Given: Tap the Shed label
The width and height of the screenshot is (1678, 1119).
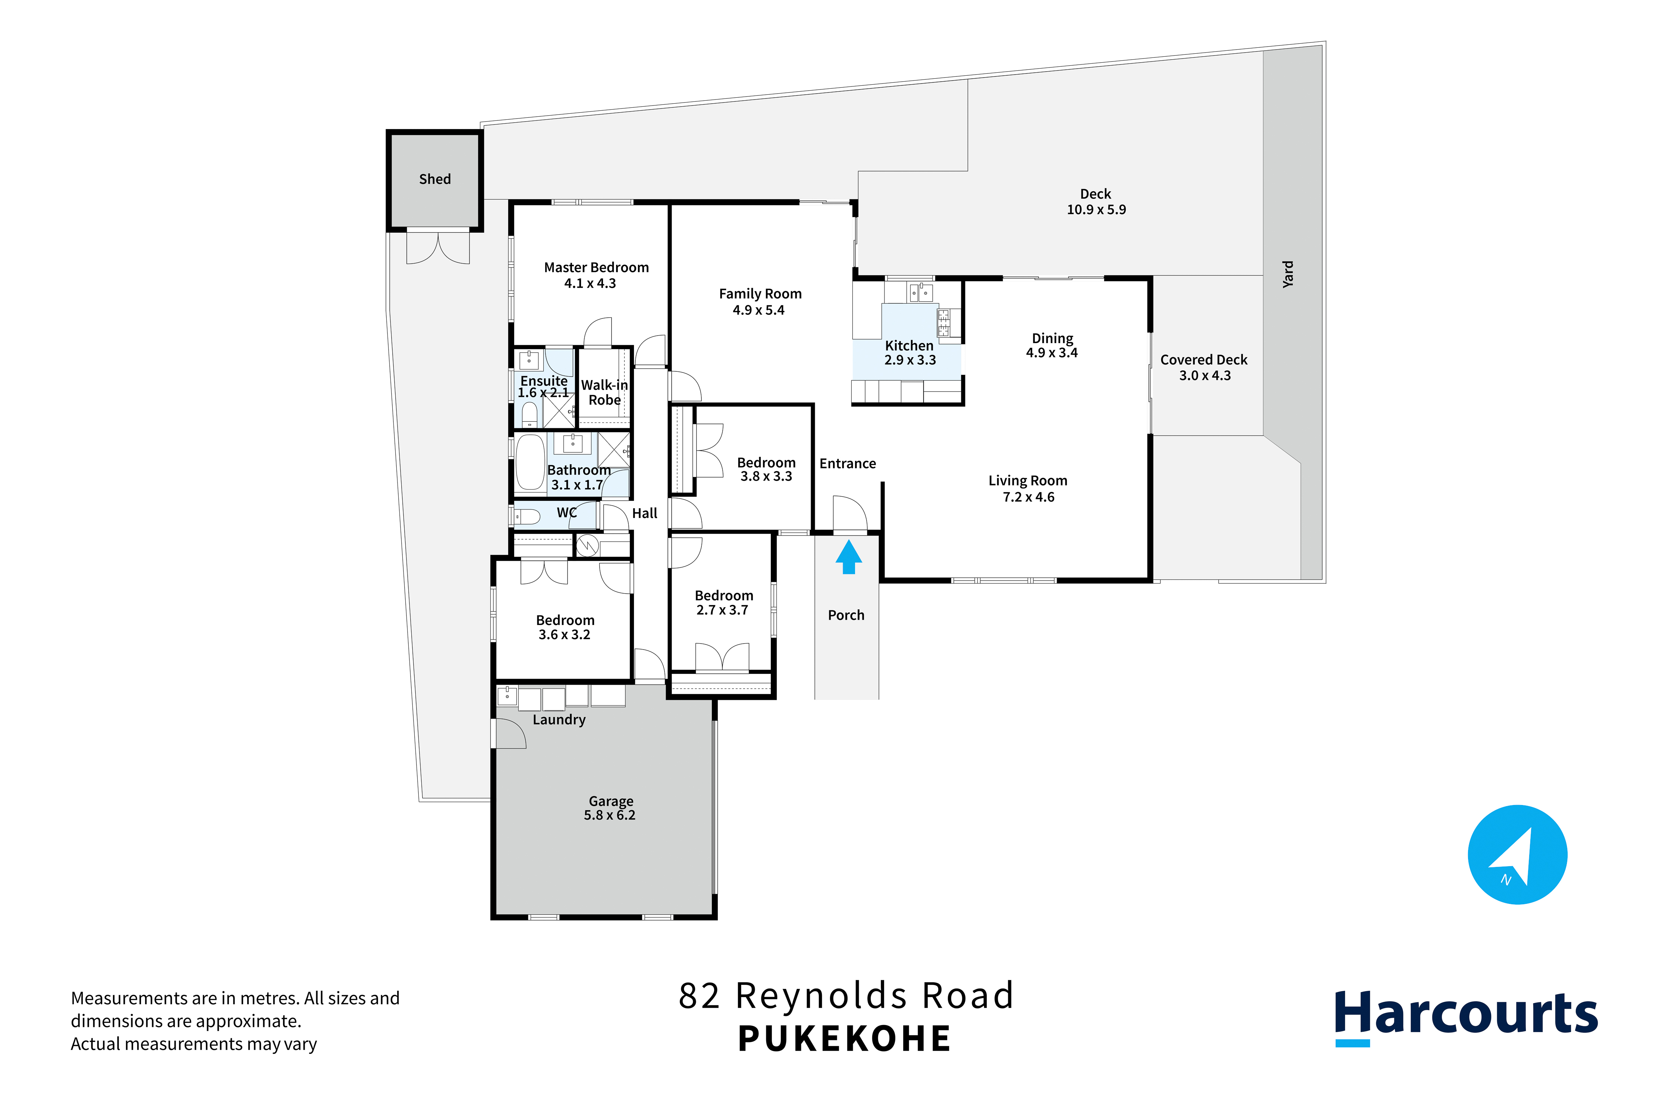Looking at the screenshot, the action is click(x=435, y=179).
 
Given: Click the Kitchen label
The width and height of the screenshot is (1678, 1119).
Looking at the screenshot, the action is click(x=909, y=345).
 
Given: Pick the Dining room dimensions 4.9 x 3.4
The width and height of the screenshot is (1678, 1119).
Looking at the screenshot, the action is click(x=1052, y=352).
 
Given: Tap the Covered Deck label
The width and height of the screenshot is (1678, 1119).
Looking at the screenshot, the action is click(x=1204, y=360).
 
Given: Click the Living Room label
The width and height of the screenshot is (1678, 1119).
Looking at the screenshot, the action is click(x=1028, y=481).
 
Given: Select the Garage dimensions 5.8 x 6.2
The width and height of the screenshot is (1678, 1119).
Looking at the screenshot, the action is click(x=610, y=815).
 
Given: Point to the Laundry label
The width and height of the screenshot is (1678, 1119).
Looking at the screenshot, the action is click(x=559, y=720).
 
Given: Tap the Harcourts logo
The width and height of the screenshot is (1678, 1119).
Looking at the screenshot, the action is click(x=1466, y=1016).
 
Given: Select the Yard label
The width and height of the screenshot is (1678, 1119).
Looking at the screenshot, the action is click(x=1288, y=274).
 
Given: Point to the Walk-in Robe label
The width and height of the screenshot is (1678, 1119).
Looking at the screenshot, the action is click(x=604, y=393).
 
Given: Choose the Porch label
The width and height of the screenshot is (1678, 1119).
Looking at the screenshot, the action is click(x=846, y=615).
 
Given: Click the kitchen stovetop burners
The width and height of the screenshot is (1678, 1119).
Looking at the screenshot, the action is click(x=943, y=323).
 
